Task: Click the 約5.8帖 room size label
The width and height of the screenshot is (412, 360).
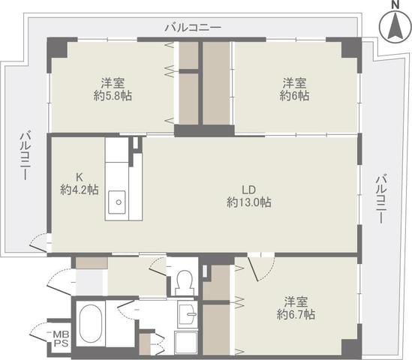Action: (113, 96)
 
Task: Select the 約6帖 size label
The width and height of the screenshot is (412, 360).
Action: (294, 96)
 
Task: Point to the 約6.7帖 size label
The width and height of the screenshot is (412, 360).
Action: (296, 314)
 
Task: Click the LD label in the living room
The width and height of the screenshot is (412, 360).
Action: (249, 190)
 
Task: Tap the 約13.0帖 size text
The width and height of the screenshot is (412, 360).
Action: (249, 202)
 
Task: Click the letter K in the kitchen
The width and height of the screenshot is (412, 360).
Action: (79, 177)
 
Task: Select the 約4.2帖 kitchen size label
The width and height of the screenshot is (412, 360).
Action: (80, 190)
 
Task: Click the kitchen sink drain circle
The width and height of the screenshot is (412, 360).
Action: (119, 202)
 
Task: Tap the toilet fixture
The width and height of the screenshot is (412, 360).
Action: (185, 283)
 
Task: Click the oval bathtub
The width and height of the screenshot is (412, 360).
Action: (90, 325)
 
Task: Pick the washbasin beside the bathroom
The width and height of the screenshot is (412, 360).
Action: (188, 314)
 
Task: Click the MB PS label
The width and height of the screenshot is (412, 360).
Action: (61, 339)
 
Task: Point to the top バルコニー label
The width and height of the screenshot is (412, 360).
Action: (193, 27)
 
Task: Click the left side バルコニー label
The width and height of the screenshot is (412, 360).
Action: (26, 156)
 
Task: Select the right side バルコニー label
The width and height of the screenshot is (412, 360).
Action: (381, 199)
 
